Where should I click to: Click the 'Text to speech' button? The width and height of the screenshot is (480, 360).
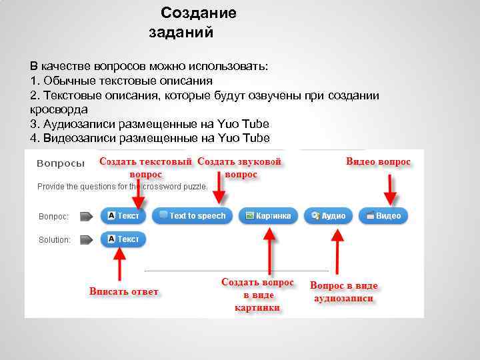point(193,216)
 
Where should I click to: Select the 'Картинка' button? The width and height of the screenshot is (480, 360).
point(268,216)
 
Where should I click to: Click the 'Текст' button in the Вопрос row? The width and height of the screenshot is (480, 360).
point(123,216)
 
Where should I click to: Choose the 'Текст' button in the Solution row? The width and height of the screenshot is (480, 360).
point(123,239)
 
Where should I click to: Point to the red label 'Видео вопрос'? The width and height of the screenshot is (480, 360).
point(378,162)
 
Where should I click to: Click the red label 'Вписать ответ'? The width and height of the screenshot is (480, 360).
point(123,291)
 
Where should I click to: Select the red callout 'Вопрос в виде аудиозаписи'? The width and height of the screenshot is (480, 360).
point(343,292)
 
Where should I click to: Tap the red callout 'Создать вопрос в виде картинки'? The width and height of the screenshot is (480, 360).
point(257,295)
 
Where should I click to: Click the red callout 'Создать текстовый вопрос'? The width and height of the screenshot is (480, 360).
point(146,168)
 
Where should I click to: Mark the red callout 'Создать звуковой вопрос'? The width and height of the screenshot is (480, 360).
point(240,168)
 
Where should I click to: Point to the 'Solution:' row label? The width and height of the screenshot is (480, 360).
point(55,240)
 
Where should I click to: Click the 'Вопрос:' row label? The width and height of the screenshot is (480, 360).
point(53,217)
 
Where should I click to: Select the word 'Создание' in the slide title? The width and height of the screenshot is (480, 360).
point(199,13)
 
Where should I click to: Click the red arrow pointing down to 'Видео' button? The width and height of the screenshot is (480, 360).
point(391,190)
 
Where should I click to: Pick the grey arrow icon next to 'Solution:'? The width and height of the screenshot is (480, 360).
point(85,239)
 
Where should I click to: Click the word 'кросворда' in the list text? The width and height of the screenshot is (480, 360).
point(59,109)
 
